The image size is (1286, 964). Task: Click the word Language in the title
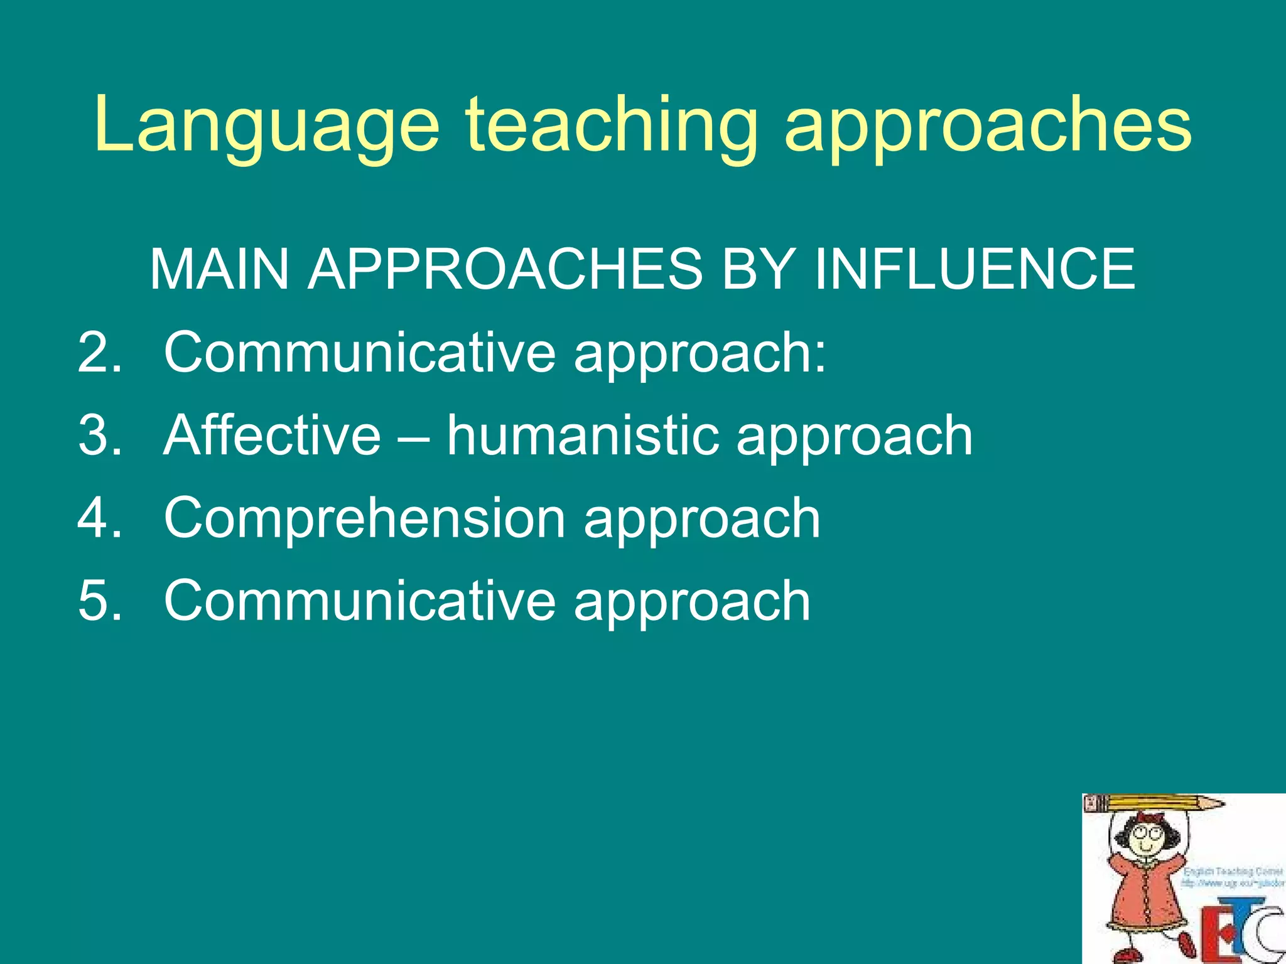tap(267, 126)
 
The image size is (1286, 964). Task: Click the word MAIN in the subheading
tap(219, 269)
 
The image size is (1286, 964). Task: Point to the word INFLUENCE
tap(975, 269)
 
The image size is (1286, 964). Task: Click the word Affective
tap(272, 435)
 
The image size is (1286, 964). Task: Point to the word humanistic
tap(583, 435)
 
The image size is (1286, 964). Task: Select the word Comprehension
tap(365, 518)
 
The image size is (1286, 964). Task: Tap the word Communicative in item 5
tap(360, 601)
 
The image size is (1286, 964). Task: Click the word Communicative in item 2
tap(360, 352)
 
